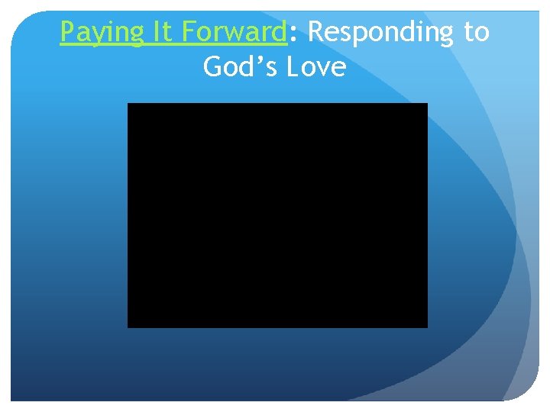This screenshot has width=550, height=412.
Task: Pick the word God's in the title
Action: point(241,67)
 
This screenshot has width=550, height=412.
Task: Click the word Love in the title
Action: point(316,67)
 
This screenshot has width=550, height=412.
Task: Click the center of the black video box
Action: point(277,215)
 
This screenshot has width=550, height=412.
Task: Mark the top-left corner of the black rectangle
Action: point(128,104)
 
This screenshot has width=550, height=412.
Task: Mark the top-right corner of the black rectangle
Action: point(427,104)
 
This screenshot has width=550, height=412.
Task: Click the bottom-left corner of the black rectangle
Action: point(128,327)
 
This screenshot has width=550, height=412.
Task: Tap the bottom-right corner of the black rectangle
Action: point(427,327)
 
